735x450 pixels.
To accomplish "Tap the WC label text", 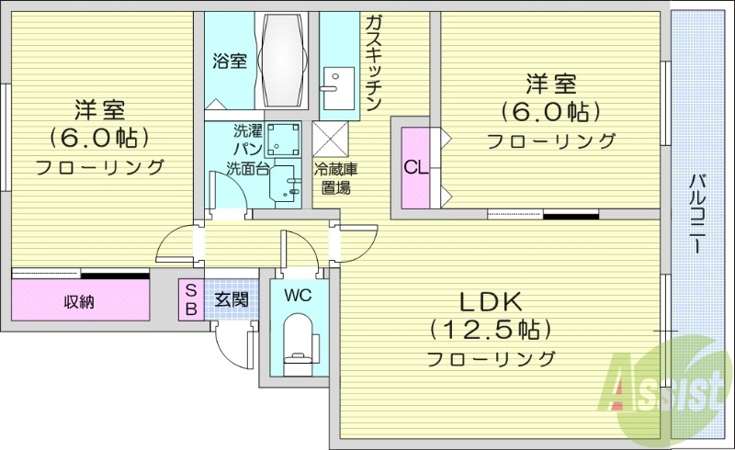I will click(x=297, y=296).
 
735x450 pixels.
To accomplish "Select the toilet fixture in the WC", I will click(x=297, y=341).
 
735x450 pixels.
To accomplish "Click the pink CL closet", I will click(x=414, y=167).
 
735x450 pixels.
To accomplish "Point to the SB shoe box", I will click(x=191, y=298).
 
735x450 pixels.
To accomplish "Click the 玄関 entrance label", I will click(x=232, y=298).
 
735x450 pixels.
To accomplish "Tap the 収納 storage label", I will click(x=79, y=302).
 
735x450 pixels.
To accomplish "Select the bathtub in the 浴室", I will click(x=285, y=61).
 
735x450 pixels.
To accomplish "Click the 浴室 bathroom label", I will click(x=230, y=62).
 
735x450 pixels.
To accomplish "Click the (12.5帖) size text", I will click(x=491, y=329).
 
